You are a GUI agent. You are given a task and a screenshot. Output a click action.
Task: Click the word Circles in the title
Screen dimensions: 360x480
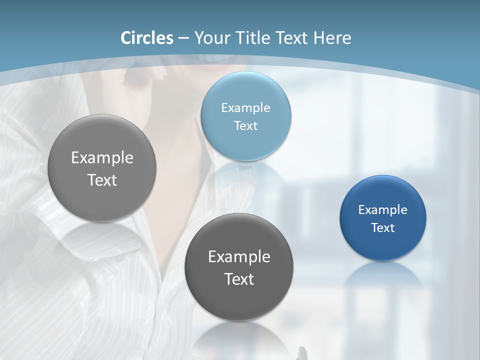[x=146, y=38]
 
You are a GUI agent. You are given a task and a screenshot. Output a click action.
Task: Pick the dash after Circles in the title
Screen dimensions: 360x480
[x=183, y=38]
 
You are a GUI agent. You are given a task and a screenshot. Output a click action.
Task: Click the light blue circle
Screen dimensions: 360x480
[x=245, y=116]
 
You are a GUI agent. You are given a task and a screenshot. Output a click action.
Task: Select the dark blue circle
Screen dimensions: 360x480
[x=383, y=217]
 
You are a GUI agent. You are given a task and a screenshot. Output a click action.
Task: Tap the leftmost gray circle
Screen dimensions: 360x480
[x=102, y=168]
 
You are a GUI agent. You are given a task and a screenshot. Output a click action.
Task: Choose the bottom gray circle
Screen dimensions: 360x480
[x=238, y=267]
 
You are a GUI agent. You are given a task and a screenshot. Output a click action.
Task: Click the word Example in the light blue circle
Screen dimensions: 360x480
[x=245, y=107]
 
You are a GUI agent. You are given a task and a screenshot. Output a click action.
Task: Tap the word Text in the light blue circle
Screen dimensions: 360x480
[x=245, y=125]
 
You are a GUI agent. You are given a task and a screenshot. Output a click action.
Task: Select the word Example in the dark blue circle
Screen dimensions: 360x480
[x=383, y=209]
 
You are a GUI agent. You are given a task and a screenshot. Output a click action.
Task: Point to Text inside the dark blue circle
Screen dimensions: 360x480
[x=383, y=227]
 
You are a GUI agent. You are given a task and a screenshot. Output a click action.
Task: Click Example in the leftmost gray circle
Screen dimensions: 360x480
[x=102, y=157]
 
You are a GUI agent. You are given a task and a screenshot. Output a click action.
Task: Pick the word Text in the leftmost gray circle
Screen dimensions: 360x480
[x=102, y=180]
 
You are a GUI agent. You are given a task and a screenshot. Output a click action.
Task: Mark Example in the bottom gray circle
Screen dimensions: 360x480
[x=239, y=256]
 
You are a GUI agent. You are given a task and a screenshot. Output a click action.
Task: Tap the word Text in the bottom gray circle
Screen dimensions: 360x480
[x=239, y=278]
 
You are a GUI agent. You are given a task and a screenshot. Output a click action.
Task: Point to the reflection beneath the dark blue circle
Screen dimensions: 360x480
[x=383, y=277]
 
